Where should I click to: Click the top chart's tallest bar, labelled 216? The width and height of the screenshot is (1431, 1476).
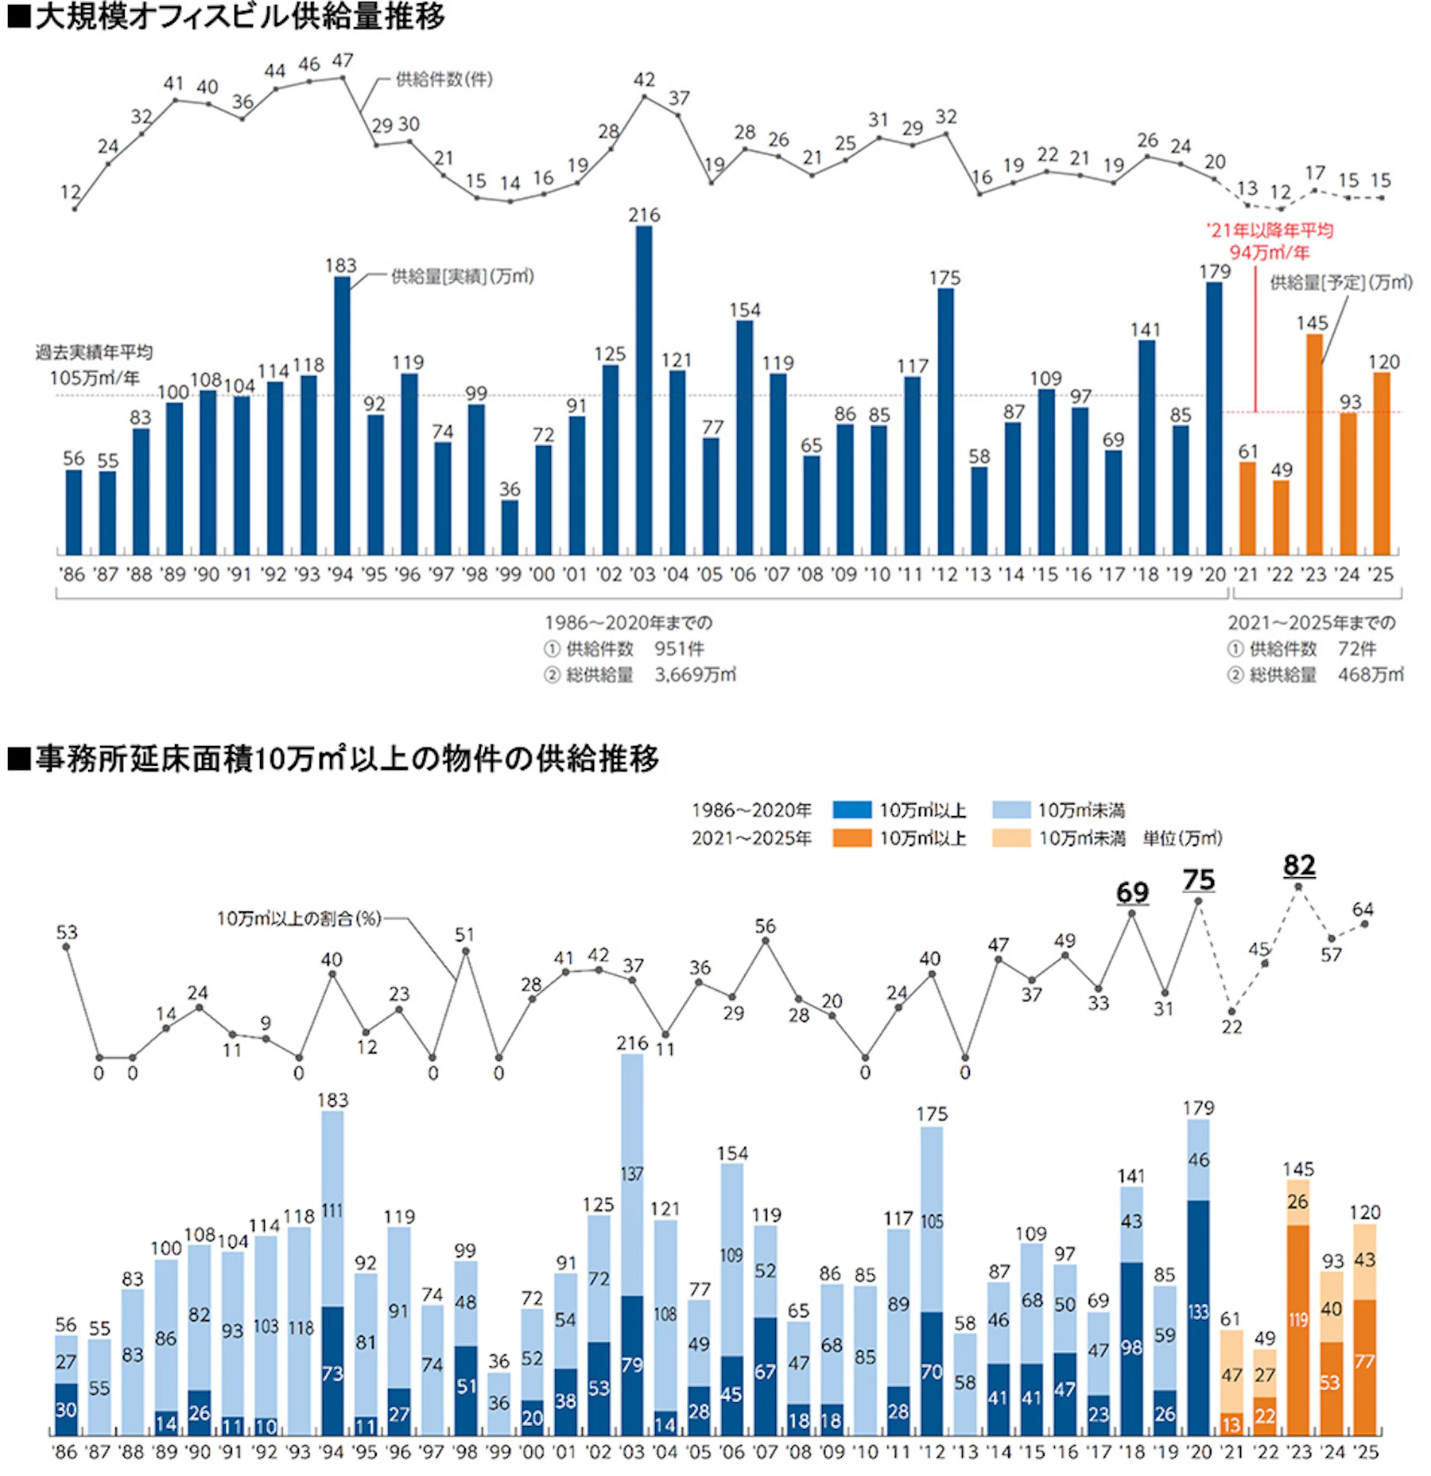pyautogui.click(x=644, y=390)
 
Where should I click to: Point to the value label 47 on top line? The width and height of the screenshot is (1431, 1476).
pyautogui.click(x=343, y=61)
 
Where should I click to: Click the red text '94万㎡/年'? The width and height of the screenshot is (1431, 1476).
pyautogui.click(x=1270, y=253)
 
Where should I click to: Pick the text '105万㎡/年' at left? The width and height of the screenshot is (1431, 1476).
pyautogui.click(x=95, y=378)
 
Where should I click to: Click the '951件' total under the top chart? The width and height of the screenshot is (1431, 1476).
pyautogui.click(x=679, y=649)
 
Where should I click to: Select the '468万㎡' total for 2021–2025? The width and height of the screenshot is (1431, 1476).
pyautogui.click(x=1371, y=675)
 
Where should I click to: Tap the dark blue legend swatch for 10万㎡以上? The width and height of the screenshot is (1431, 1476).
pyautogui.click(x=851, y=810)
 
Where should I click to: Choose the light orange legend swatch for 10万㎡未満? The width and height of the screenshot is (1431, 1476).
pyautogui.click(x=1011, y=838)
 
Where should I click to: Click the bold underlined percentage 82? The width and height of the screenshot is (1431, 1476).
pyautogui.click(x=1299, y=865)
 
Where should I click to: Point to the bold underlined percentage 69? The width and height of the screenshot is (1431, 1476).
pyautogui.click(x=1132, y=892)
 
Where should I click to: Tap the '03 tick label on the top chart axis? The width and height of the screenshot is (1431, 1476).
pyautogui.click(x=642, y=575)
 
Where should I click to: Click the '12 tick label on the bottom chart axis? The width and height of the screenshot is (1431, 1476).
pyautogui.click(x=932, y=1452)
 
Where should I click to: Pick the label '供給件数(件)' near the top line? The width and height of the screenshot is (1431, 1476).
pyautogui.click(x=444, y=80)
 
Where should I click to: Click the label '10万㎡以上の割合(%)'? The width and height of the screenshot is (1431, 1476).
pyautogui.click(x=299, y=919)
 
